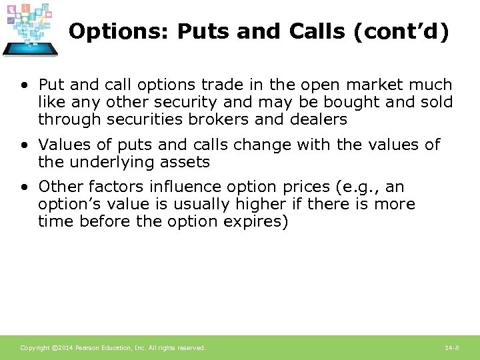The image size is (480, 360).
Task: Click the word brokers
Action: tap(215, 120)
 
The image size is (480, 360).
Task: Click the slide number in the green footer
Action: tap(451, 348)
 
